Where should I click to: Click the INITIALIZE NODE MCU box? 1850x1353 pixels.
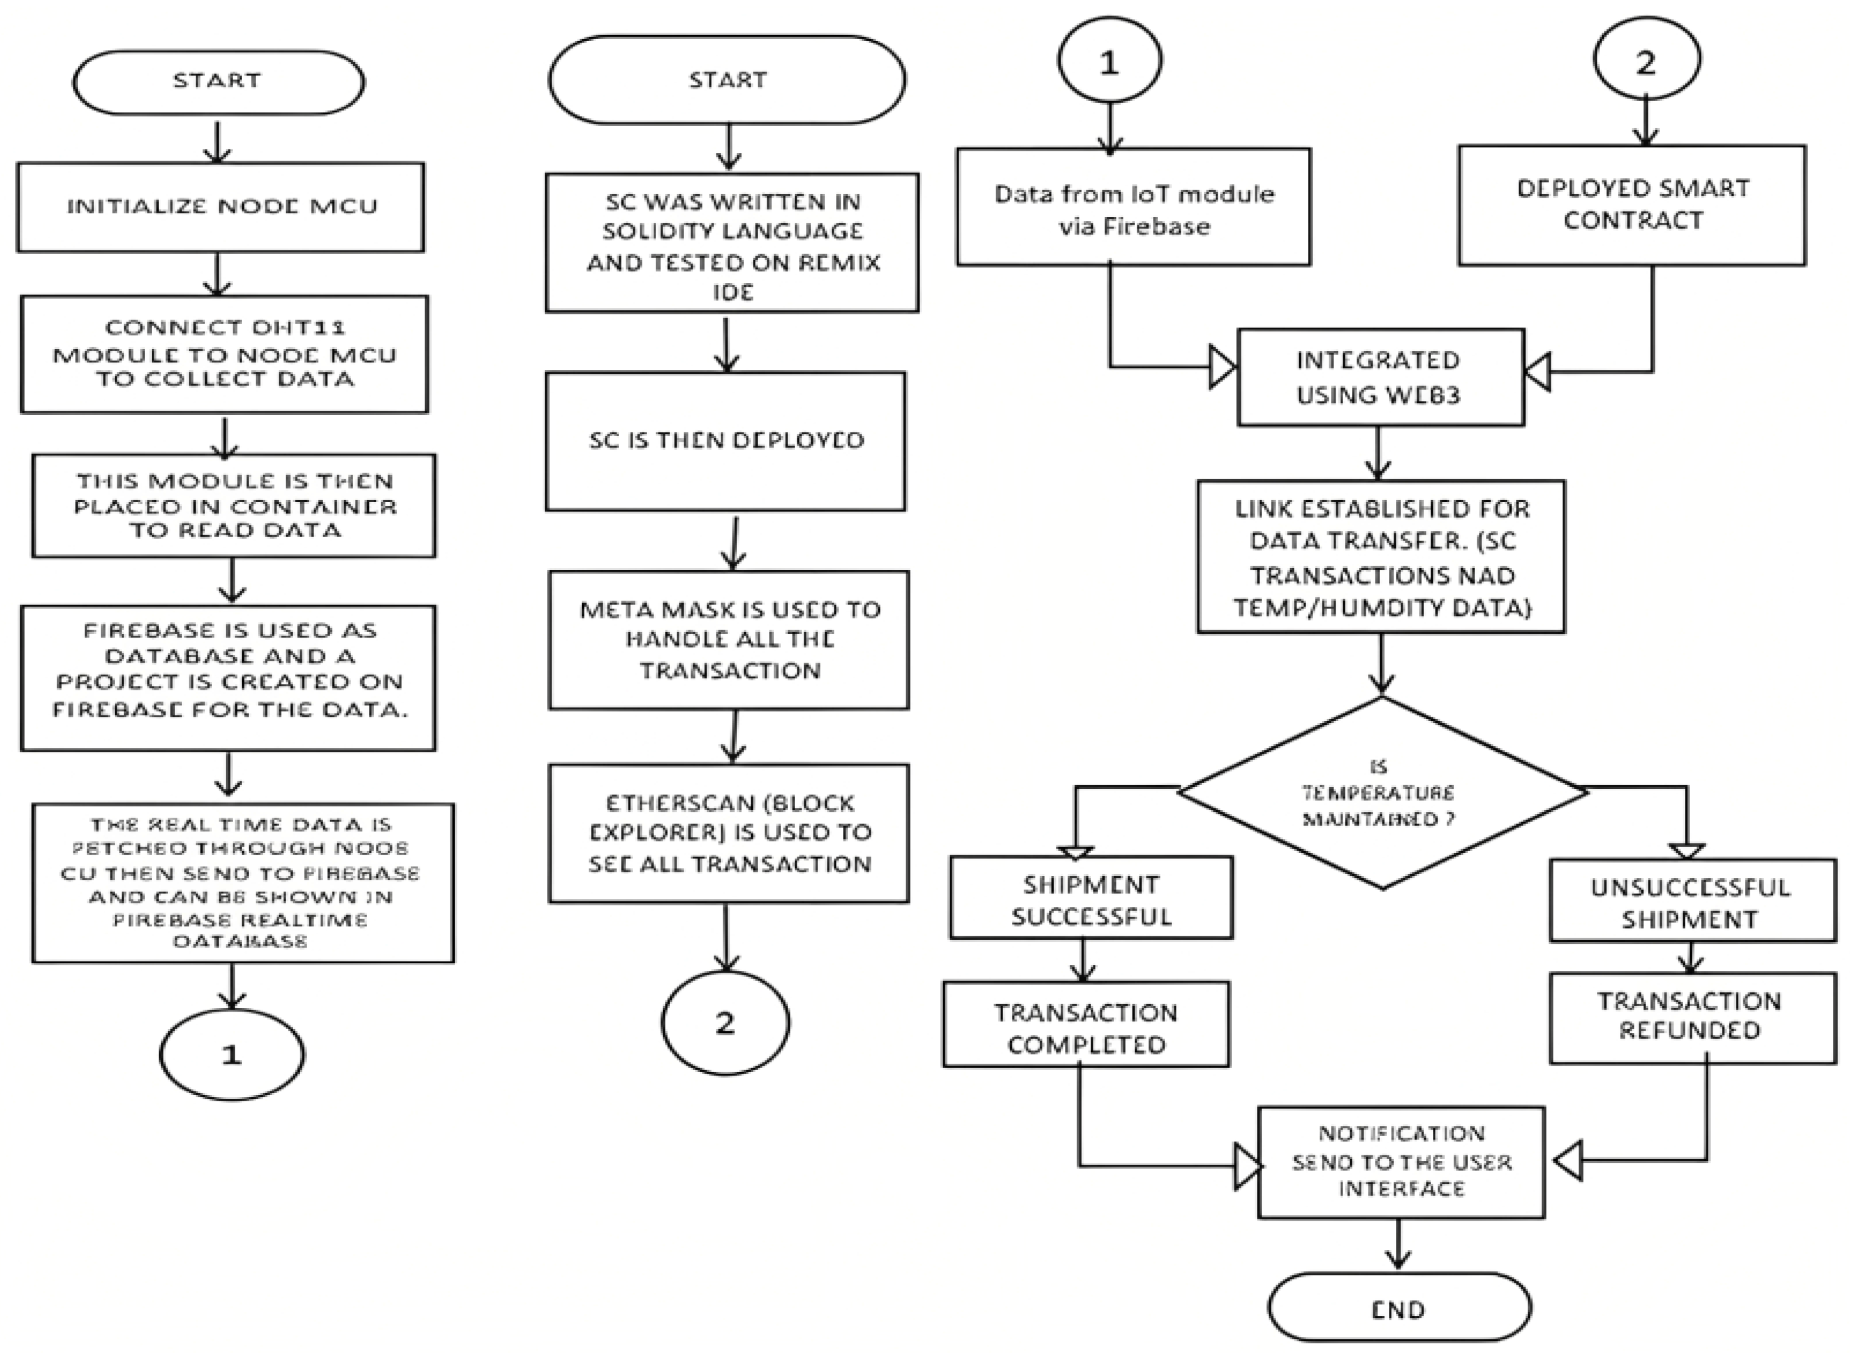click(x=220, y=206)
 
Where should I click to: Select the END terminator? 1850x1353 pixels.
click(x=1399, y=1309)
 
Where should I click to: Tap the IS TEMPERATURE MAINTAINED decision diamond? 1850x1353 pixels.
click(x=1382, y=793)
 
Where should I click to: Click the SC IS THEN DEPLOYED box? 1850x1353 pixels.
click(x=725, y=441)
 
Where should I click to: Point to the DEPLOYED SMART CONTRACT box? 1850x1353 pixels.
click(x=1632, y=205)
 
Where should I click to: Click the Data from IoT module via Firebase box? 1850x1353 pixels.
click(x=1133, y=208)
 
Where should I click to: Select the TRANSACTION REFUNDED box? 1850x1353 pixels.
click(x=1692, y=1017)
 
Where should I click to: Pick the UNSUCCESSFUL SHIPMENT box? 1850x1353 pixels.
click(x=1692, y=902)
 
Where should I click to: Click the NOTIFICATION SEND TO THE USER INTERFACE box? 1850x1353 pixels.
click(x=1401, y=1162)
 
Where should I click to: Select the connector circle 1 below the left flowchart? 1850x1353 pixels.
click(x=231, y=1055)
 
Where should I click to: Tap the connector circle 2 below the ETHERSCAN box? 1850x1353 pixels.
click(x=725, y=1022)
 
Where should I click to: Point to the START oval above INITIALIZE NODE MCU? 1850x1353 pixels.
click(x=218, y=81)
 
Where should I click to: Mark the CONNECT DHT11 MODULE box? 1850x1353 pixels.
click(x=225, y=354)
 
